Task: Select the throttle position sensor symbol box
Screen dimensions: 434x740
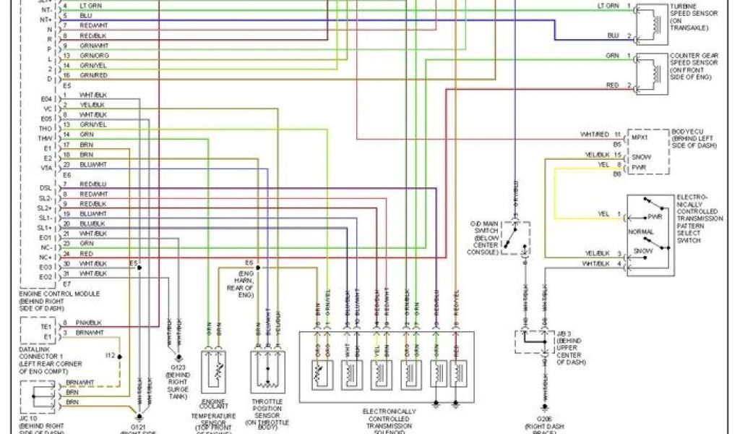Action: pyautogui.click(x=267, y=370)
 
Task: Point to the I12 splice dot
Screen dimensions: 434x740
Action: pyautogui.click(x=121, y=355)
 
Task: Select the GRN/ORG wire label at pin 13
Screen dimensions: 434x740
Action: pyautogui.click(x=95, y=56)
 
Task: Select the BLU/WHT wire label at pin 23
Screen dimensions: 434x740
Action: pyautogui.click(x=95, y=166)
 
